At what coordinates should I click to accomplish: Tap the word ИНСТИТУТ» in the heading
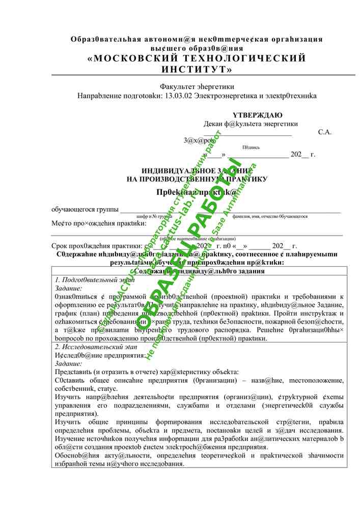click(197, 69)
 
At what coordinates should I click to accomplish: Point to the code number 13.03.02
click(182, 96)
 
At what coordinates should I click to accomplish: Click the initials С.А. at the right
click(324, 132)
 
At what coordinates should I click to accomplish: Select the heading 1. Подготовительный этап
click(95, 280)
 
